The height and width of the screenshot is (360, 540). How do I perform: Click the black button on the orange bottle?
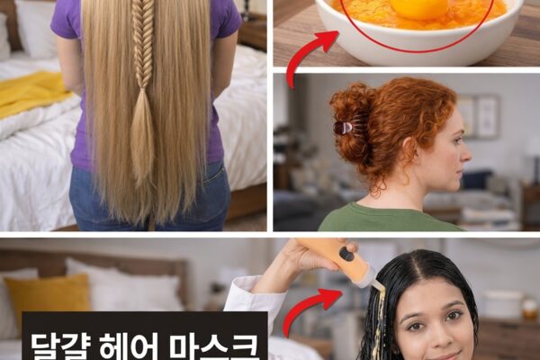click(346, 255)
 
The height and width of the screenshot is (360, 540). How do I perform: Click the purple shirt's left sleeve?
click(66, 21)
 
